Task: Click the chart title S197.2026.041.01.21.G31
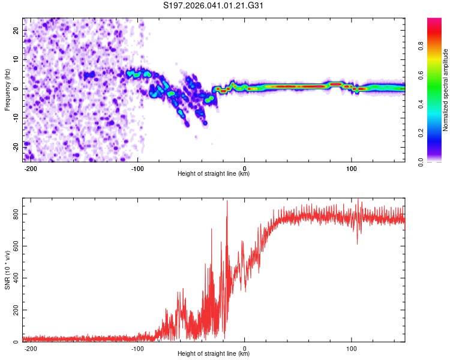tap(214, 6)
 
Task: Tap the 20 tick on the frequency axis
tap(16, 30)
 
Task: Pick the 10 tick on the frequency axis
tap(16, 59)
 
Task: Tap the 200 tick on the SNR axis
tap(13, 310)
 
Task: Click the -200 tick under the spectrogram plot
tap(31, 167)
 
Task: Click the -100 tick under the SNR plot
tap(138, 347)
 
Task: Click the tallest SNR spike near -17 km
tap(227, 202)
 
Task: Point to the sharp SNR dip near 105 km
tap(358, 243)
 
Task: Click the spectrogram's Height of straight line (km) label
tap(214, 174)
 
